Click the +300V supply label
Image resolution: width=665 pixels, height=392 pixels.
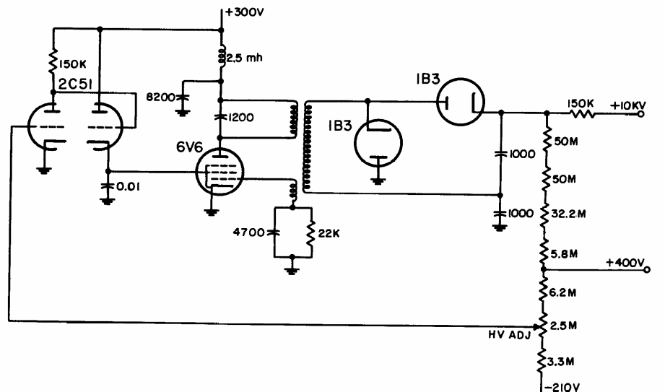245,12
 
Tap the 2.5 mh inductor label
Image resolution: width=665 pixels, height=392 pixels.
244,58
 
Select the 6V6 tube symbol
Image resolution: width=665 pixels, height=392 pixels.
220,171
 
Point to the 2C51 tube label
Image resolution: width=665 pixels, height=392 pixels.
75,84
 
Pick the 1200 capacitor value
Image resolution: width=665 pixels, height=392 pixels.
241,117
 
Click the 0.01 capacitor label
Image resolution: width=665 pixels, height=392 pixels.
128,187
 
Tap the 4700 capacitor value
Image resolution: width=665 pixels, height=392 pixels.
248,232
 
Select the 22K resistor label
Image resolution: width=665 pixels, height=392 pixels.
329,233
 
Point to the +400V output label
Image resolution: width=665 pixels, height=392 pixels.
625,263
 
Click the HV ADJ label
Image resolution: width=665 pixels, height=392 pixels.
509,335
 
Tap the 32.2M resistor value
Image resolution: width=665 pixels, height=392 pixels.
568,214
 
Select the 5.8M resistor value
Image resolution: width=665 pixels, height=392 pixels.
564,253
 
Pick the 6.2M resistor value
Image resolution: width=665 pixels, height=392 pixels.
562,292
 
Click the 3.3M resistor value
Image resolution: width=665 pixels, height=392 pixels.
561,362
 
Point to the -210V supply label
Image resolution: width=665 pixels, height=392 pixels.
561,387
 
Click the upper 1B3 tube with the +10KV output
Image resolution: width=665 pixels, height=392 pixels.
461,102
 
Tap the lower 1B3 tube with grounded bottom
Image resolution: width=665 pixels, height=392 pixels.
378,144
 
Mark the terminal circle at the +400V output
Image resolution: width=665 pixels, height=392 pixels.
647,270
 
